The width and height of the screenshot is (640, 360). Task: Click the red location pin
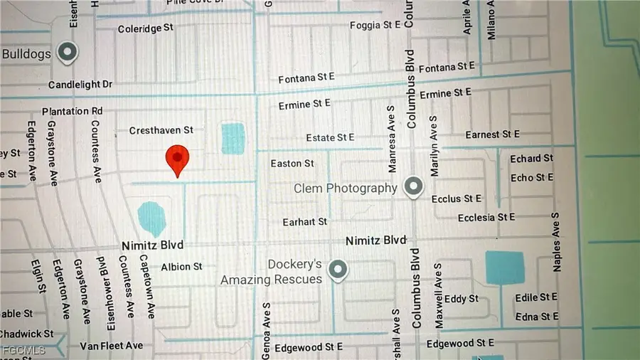pyautogui.click(x=177, y=159)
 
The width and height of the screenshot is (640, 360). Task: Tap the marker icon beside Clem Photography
pyautogui.click(x=412, y=187)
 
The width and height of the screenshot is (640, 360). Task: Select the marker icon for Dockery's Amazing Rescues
pyautogui.click(x=339, y=270)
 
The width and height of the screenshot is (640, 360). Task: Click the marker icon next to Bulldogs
pyautogui.click(x=68, y=52)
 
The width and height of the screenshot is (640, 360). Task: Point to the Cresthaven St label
pyautogui.click(x=161, y=131)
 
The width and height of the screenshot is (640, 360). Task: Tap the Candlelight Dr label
pyautogui.click(x=80, y=85)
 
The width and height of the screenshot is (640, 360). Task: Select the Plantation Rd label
pyautogui.click(x=72, y=112)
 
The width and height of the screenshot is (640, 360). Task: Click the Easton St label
pyautogui.click(x=292, y=164)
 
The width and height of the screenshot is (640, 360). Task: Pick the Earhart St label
pyautogui.click(x=304, y=222)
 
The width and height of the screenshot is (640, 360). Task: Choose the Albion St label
pyautogui.click(x=181, y=267)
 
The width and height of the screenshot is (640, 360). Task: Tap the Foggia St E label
pyautogui.click(x=375, y=26)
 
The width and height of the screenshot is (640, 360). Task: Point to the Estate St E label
pyautogui.click(x=330, y=137)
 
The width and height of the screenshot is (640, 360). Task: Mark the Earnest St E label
pyautogui.click(x=492, y=134)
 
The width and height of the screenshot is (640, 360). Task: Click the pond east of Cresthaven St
pyautogui.click(x=233, y=138)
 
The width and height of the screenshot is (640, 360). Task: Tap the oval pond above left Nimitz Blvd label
pyautogui.click(x=150, y=218)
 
